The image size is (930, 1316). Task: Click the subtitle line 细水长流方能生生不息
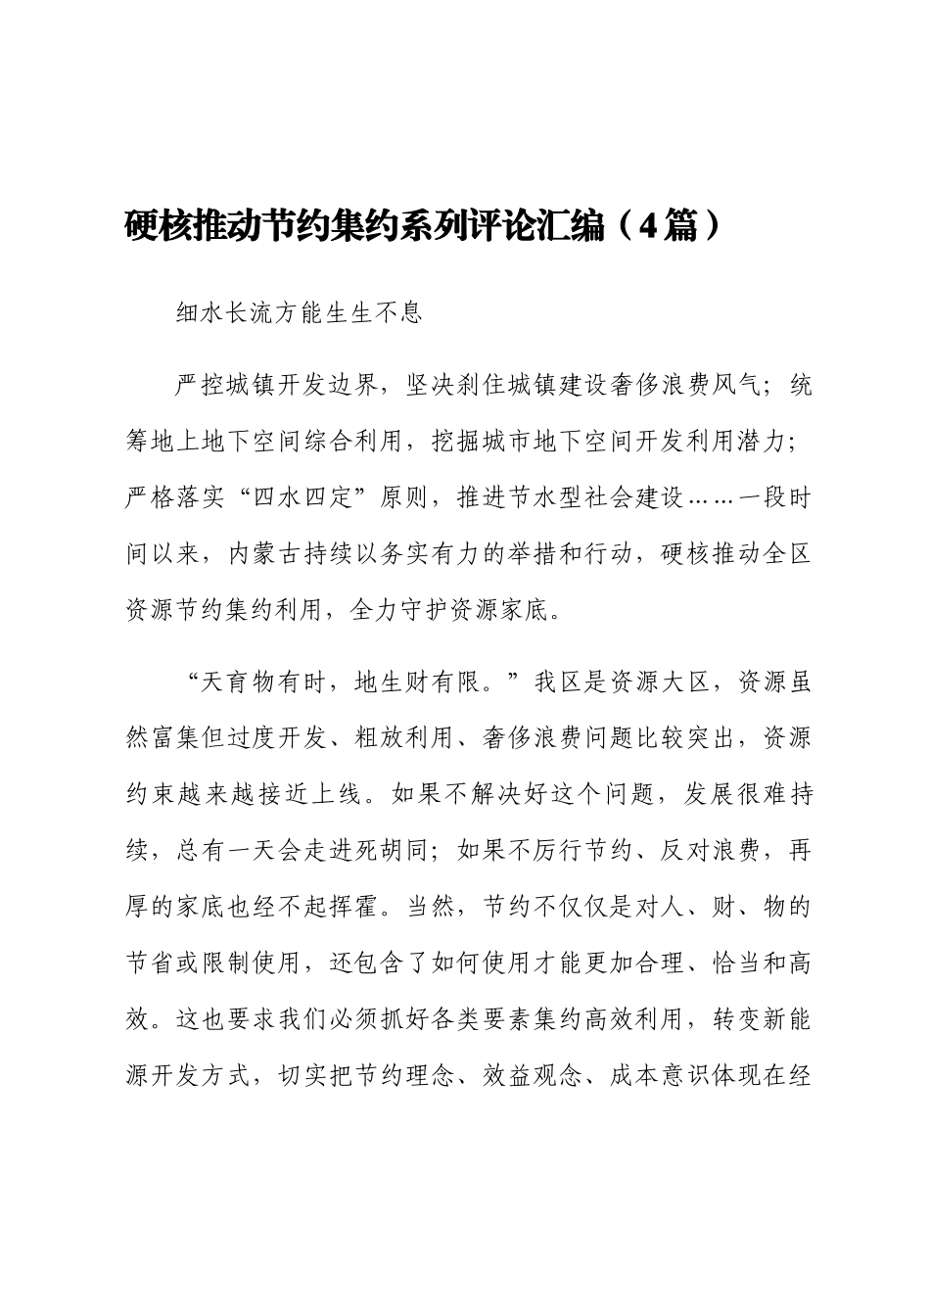pyautogui.click(x=298, y=313)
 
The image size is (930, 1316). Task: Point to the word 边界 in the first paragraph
pyautogui.click(x=358, y=386)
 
